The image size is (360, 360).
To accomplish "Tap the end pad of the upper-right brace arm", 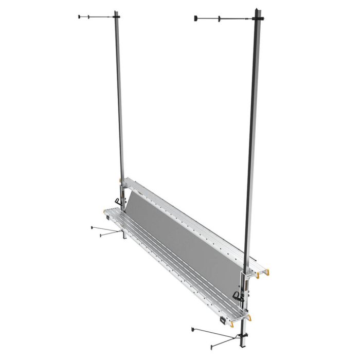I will point(195,19).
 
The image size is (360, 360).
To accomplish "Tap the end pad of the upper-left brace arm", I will point(78,17).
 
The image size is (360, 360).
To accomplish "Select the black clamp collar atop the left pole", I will point(117,17).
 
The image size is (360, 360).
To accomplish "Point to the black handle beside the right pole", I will point(237,295).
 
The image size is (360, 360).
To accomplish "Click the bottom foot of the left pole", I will point(124,237).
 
